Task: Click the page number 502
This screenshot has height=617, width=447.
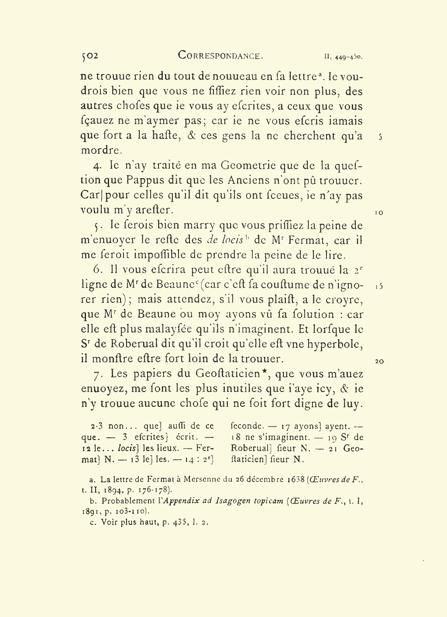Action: pyautogui.click(x=90, y=55)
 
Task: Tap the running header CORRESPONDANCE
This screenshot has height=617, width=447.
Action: pyautogui.click(x=220, y=55)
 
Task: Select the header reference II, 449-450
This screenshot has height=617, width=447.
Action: pyautogui.click(x=344, y=57)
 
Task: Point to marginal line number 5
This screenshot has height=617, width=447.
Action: pyautogui.click(x=380, y=137)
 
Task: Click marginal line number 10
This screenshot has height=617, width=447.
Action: pyautogui.click(x=379, y=213)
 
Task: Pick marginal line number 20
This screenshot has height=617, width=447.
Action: pyautogui.click(x=379, y=361)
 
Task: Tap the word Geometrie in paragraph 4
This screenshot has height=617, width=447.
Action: pyautogui.click(x=248, y=166)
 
